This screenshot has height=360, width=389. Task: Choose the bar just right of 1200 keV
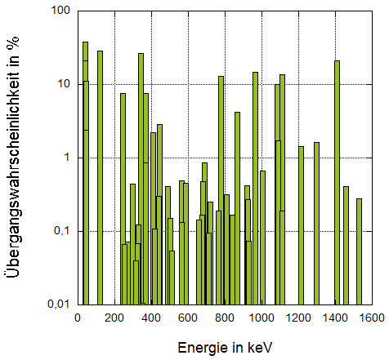(x=301, y=224)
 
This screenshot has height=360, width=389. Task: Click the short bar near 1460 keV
(x=346, y=245)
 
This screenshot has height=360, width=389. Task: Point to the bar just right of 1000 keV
(x=262, y=237)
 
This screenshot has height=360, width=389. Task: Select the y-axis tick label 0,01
(x=56, y=304)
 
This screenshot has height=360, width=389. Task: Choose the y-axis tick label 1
(x=67, y=158)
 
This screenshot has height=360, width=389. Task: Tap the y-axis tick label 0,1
(x=60, y=231)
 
